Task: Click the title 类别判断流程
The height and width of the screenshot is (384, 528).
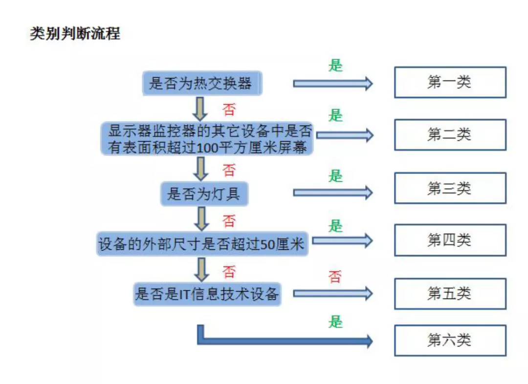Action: point(75,34)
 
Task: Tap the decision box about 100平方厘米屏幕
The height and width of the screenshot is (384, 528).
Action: point(207,139)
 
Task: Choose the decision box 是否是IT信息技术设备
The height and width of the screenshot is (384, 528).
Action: point(207,294)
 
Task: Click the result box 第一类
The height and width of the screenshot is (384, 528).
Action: point(450,82)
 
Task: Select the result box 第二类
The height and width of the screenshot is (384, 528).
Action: point(450,134)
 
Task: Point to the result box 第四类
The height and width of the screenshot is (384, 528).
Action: point(450,240)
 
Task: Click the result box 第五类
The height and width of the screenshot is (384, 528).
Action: point(450,293)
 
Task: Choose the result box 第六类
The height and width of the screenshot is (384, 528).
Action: point(450,340)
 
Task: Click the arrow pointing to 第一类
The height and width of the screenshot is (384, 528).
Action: point(332,84)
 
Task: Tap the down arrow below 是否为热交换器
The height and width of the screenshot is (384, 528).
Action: point(200,108)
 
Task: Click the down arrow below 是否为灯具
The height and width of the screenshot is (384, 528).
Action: point(200,219)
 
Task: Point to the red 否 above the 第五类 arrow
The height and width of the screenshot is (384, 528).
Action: point(335,277)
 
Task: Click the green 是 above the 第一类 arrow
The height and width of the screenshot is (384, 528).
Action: point(335,65)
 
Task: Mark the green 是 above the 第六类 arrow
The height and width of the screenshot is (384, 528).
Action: point(335,322)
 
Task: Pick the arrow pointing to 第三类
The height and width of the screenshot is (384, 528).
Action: point(332,192)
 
